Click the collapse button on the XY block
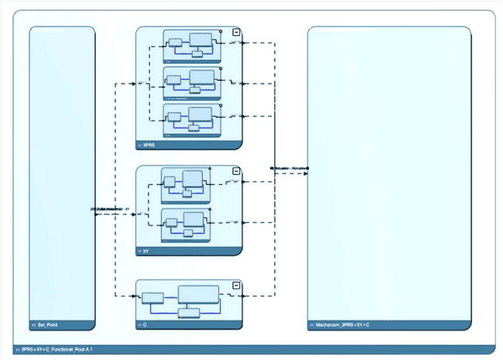(236, 171)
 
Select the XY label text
(146, 252)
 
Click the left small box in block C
(152, 297)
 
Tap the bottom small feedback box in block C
(188, 312)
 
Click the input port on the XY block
(136, 214)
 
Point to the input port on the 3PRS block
(136, 82)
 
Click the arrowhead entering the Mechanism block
(306, 173)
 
